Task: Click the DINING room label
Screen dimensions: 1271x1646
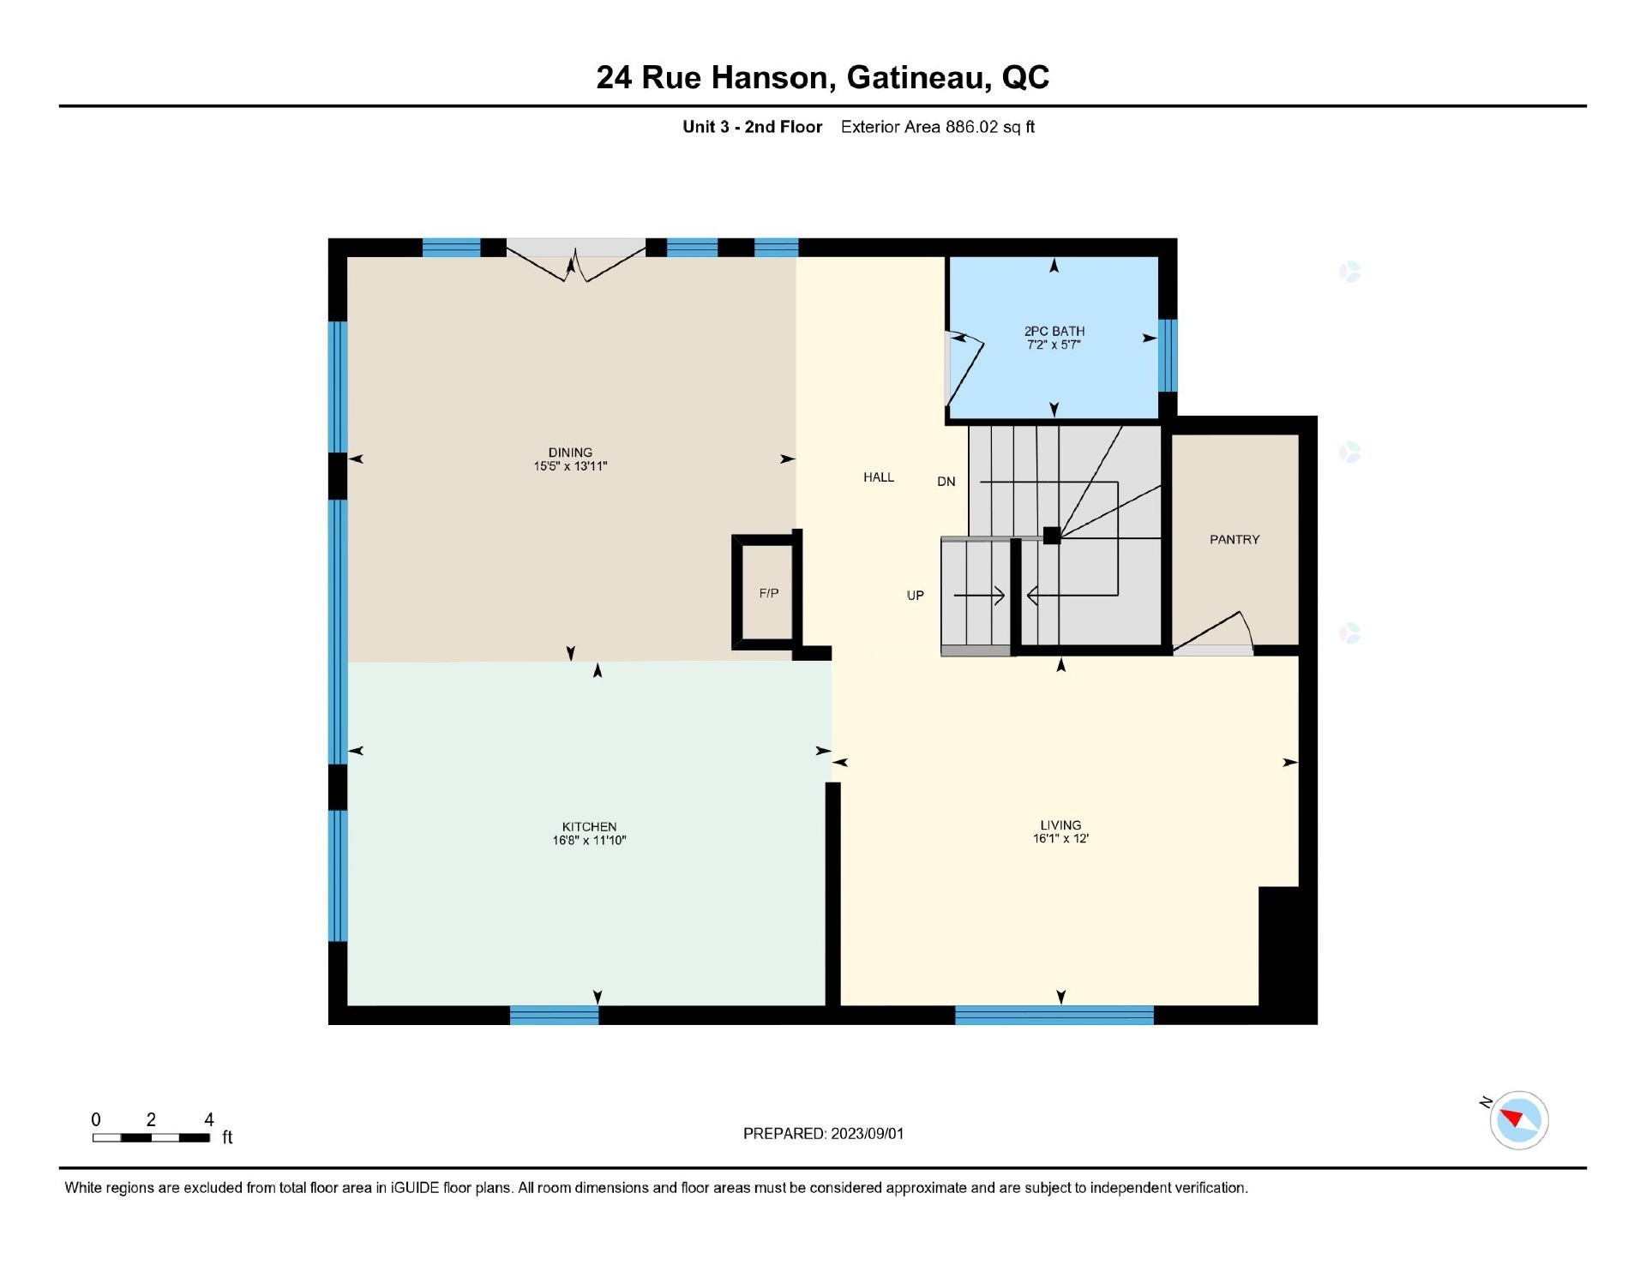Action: [570, 453]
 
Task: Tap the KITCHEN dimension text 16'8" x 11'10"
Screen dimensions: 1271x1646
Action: [589, 841]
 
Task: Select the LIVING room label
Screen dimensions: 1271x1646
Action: [1060, 825]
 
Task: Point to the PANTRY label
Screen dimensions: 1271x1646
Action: [1234, 539]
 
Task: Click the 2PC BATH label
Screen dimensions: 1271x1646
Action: [1054, 331]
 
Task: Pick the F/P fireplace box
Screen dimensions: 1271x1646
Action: [768, 593]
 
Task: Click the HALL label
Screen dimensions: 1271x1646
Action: [878, 477]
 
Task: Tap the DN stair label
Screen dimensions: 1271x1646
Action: [946, 482]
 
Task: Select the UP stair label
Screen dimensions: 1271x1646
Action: [915, 596]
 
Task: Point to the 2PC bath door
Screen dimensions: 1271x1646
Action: [964, 369]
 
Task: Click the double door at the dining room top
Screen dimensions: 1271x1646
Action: [575, 261]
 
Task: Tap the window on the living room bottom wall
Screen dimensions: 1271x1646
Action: [1054, 1016]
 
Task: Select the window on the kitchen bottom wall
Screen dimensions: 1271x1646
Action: [554, 1016]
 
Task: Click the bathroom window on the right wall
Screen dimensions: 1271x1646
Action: [1167, 356]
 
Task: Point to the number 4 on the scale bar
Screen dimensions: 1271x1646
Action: [208, 1119]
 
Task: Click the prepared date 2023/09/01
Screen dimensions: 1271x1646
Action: [867, 1134]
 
